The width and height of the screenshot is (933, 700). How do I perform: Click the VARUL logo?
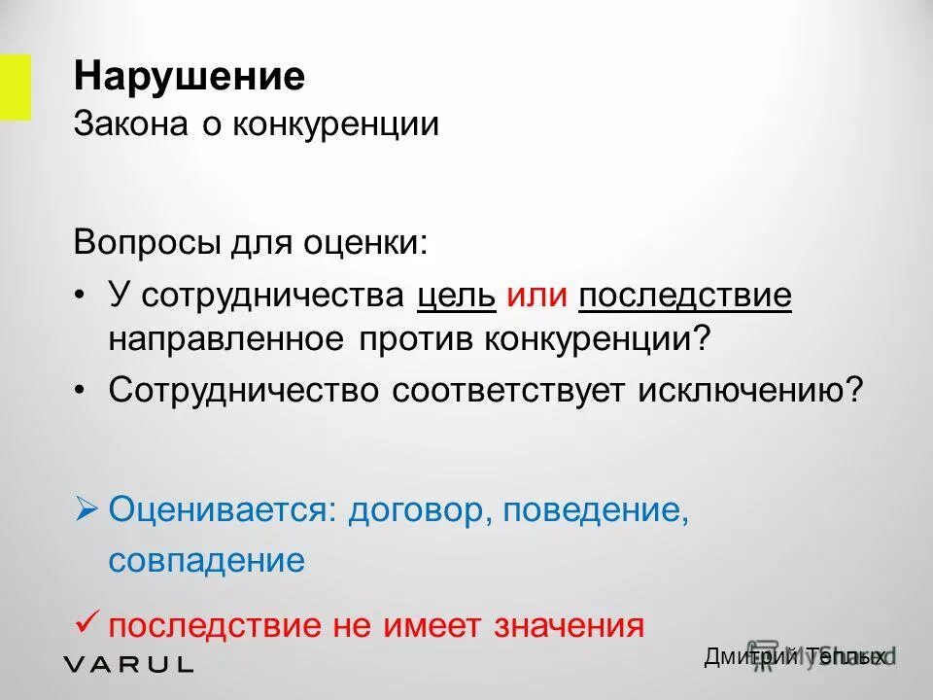(x=128, y=665)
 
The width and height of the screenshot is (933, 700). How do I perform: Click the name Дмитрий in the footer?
(x=750, y=658)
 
